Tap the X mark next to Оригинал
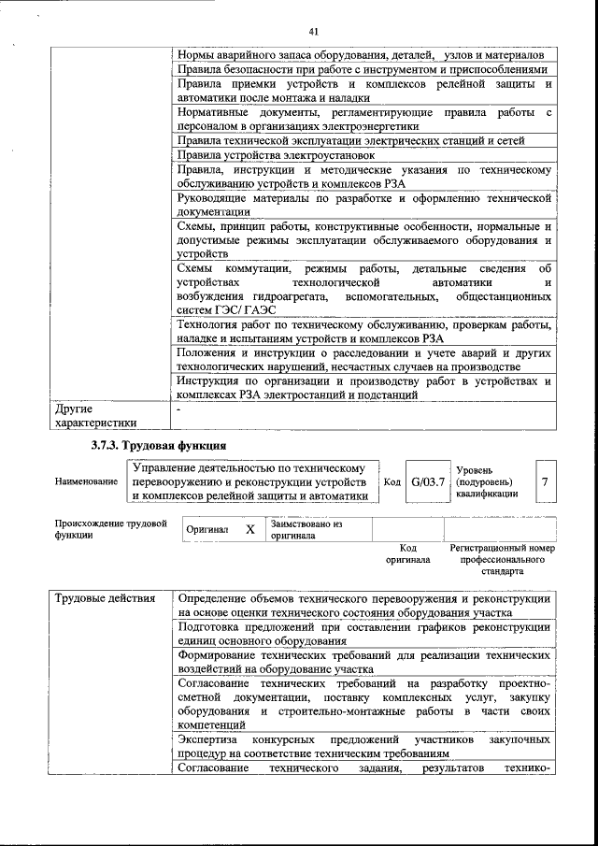tap(249, 529)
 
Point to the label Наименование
tap(86, 481)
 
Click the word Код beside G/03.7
tap(392, 481)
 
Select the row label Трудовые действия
tap(96, 598)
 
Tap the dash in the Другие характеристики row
tap(179, 409)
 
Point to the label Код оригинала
tap(407, 553)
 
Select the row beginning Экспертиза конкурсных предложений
tap(364, 745)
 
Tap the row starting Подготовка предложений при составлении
tap(364, 635)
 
